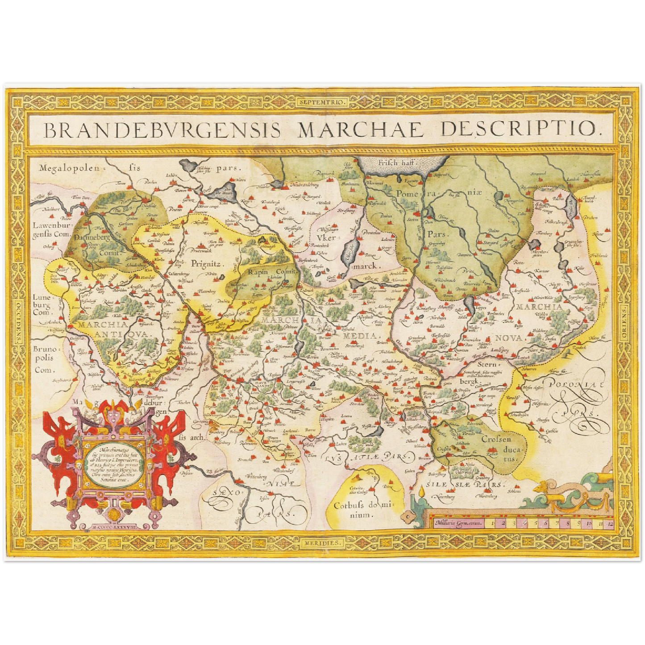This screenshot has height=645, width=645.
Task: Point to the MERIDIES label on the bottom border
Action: tap(322, 542)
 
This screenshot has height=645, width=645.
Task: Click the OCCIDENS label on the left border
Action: tap(18, 322)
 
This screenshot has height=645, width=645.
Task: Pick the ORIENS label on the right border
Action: tap(624, 322)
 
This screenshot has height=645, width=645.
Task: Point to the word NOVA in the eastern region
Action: tap(508, 338)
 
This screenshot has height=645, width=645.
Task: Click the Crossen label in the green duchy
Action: tap(495, 439)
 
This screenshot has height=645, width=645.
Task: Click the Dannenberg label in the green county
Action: tap(91, 238)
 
